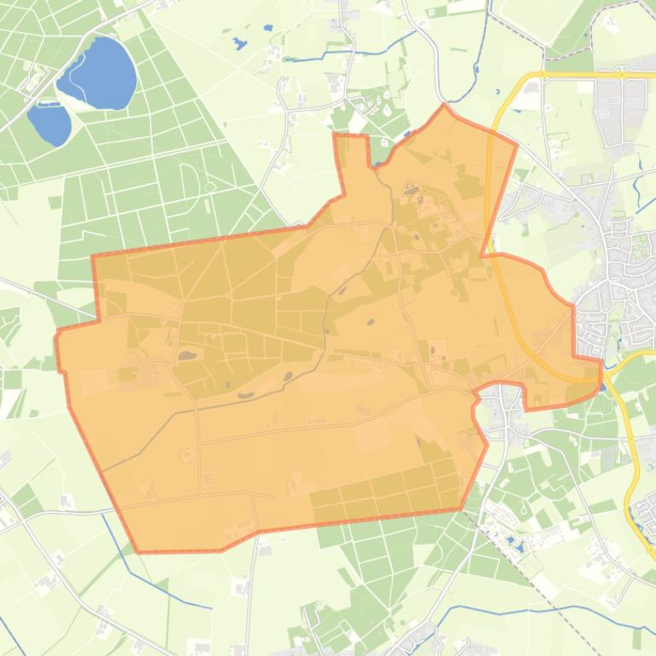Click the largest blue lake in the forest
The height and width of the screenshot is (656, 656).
point(98,72)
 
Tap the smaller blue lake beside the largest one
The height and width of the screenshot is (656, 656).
point(49,124)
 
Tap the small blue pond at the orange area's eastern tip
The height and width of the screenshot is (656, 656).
point(603,386)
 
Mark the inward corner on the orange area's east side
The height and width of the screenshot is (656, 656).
point(483,254)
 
